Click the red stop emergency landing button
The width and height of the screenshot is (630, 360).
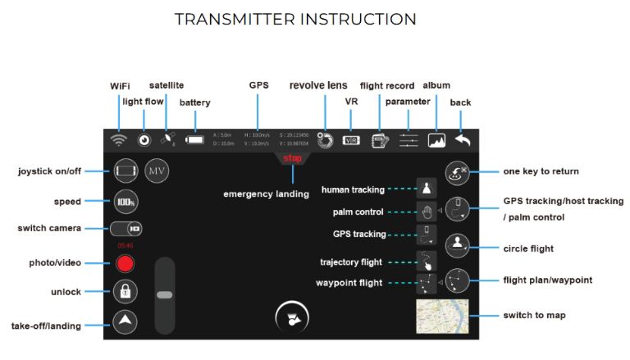point(292,158)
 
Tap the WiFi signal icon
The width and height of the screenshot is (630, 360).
point(120,139)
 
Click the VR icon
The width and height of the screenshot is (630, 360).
point(351,139)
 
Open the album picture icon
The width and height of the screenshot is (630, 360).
point(436,139)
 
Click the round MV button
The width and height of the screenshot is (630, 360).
point(156,171)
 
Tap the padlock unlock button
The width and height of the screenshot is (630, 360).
point(126,291)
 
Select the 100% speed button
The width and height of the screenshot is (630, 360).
point(126,200)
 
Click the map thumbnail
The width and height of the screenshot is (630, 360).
point(442,317)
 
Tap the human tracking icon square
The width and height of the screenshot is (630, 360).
point(427,189)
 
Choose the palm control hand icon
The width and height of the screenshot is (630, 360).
point(427,212)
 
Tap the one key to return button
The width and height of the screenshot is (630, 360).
point(457,172)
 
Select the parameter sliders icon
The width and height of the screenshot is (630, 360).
point(409,139)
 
